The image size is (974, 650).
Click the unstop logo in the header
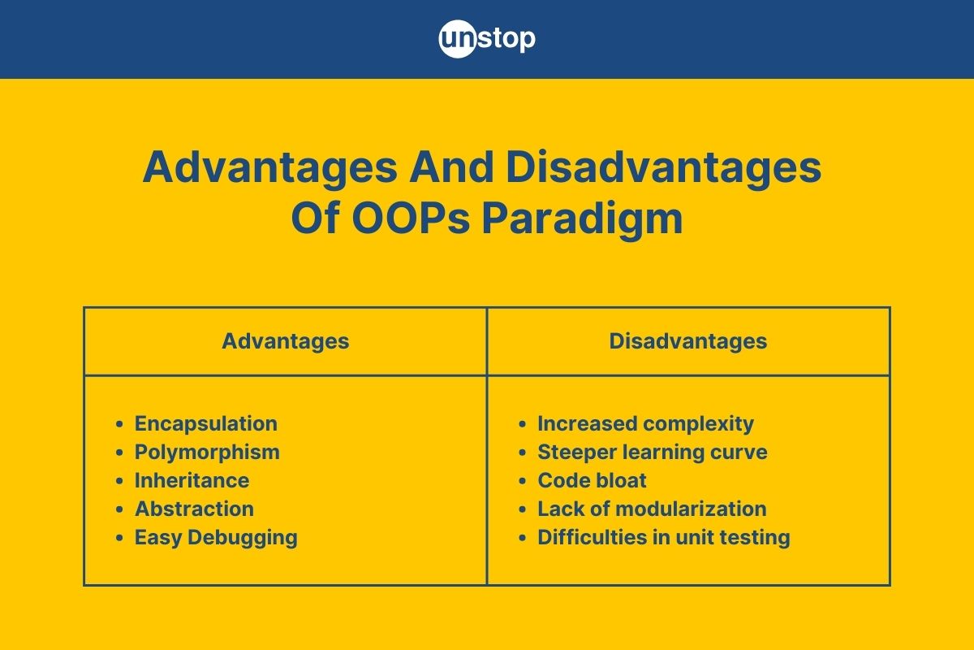487,39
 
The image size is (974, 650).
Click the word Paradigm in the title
582,219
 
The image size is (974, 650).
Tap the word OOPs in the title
411,218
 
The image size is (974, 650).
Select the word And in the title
451,167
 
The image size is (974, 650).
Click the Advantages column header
286,341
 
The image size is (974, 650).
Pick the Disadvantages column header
688,341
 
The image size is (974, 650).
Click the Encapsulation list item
205,423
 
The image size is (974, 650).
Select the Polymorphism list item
207,452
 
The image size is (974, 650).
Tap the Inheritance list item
192,480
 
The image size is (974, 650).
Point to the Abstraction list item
194,509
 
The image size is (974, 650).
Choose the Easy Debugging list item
216,538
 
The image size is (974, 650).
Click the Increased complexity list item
646,423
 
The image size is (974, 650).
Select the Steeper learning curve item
653,452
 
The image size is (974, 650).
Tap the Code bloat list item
592,480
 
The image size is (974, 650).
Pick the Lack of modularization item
652,509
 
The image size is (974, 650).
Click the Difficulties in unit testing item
664,538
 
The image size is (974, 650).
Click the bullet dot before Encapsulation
119,424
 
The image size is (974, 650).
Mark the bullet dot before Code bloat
523,481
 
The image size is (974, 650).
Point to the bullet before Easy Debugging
119,538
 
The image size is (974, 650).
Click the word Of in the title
315,218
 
